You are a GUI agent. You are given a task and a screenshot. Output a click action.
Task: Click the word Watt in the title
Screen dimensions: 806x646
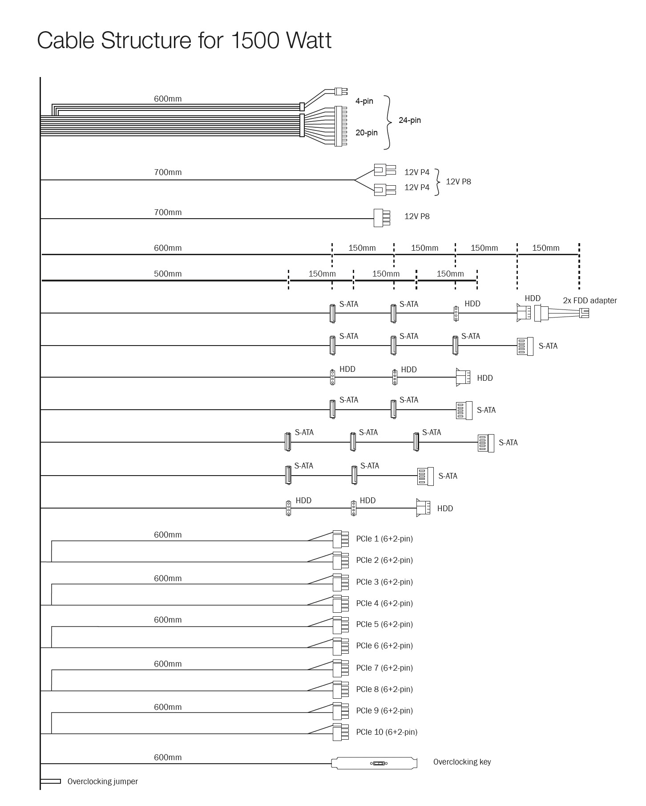pos(309,41)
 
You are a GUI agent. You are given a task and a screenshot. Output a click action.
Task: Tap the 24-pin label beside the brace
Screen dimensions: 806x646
pos(409,120)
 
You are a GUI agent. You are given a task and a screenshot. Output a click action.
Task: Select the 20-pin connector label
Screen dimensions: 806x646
pos(366,133)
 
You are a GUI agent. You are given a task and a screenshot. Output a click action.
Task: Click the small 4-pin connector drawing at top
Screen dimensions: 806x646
pos(341,91)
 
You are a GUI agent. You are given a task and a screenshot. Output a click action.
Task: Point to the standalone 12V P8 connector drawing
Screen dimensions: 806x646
pos(381,218)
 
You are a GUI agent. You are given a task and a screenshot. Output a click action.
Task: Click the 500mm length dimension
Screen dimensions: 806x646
pos(168,274)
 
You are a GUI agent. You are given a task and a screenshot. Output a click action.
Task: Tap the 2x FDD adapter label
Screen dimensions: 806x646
pos(589,301)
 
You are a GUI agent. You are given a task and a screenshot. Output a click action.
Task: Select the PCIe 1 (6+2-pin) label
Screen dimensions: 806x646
pos(384,539)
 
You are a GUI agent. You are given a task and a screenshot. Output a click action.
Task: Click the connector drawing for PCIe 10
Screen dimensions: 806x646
pos(340,732)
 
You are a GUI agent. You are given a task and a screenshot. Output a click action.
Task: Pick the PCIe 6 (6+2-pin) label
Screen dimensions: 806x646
pos(384,646)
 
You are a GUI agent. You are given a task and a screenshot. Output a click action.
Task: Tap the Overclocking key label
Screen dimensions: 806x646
pos(462,762)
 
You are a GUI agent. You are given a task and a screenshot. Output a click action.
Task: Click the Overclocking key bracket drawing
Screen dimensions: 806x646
pos(374,763)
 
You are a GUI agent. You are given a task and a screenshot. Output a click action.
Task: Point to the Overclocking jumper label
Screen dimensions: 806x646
pos(102,782)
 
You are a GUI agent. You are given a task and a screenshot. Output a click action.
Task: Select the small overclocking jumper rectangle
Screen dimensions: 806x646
pos(50,781)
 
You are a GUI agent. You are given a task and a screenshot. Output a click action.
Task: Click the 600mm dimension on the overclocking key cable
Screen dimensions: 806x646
pos(168,757)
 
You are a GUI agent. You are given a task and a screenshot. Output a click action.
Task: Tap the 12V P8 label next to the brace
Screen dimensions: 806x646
pos(458,182)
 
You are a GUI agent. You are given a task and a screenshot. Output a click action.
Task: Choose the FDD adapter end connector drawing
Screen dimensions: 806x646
pos(584,313)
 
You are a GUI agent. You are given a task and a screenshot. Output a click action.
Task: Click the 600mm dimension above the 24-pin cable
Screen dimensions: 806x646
pos(168,99)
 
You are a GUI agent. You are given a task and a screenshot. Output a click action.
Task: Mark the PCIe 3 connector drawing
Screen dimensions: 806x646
pos(340,582)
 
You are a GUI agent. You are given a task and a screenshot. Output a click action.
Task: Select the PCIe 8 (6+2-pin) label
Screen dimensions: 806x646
pos(384,689)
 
